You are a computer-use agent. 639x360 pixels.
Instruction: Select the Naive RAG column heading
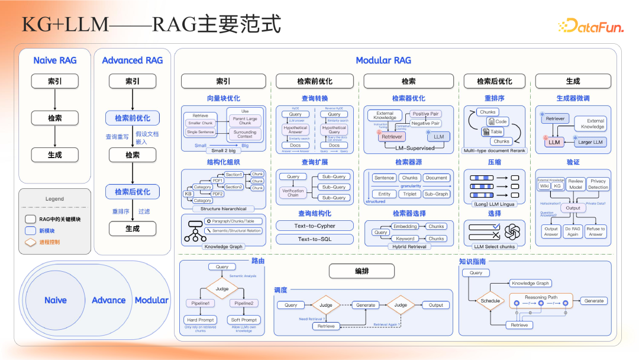(x=54, y=60)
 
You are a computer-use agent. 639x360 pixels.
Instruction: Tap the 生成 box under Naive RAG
(x=54, y=155)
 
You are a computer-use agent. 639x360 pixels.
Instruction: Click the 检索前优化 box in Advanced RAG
(x=133, y=118)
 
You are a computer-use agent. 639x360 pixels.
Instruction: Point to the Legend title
(x=54, y=199)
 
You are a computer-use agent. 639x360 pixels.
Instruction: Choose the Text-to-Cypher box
(x=314, y=226)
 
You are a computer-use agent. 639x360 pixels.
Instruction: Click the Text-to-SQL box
(x=314, y=239)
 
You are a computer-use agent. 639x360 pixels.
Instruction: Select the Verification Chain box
(x=293, y=193)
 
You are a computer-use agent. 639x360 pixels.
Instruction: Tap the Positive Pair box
(x=425, y=114)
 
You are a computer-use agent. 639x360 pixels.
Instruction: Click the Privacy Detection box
(x=598, y=184)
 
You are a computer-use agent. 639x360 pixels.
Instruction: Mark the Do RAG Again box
(x=572, y=232)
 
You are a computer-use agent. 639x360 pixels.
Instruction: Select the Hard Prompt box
(x=200, y=320)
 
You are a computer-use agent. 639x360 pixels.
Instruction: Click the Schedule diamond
(x=490, y=301)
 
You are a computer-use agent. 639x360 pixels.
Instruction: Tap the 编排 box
(x=362, y=271)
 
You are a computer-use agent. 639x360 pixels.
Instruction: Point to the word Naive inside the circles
(x=55, y=300)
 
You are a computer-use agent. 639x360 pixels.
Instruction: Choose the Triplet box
(x=409, y=194)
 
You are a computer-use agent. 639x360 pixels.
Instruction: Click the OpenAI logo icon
(x=512, y=230)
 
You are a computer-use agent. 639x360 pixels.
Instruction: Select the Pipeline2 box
(x=244, y=303)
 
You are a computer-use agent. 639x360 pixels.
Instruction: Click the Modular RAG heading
(x=383, y=60)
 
